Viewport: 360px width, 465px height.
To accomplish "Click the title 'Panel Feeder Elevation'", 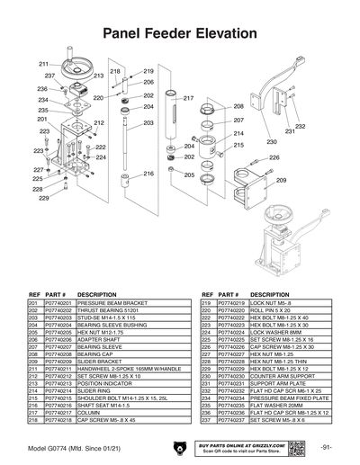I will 180,33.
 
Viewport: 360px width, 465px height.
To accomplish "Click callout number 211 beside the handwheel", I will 42,64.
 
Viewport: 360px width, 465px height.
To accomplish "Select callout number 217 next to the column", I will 189,97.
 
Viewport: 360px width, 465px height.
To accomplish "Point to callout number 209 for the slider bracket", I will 281,180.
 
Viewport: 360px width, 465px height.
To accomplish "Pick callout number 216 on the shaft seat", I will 149,173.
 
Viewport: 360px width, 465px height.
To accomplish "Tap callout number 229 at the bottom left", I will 42,198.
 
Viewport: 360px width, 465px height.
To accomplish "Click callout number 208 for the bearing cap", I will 238,106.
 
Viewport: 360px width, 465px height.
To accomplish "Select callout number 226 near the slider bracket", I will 249,157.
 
